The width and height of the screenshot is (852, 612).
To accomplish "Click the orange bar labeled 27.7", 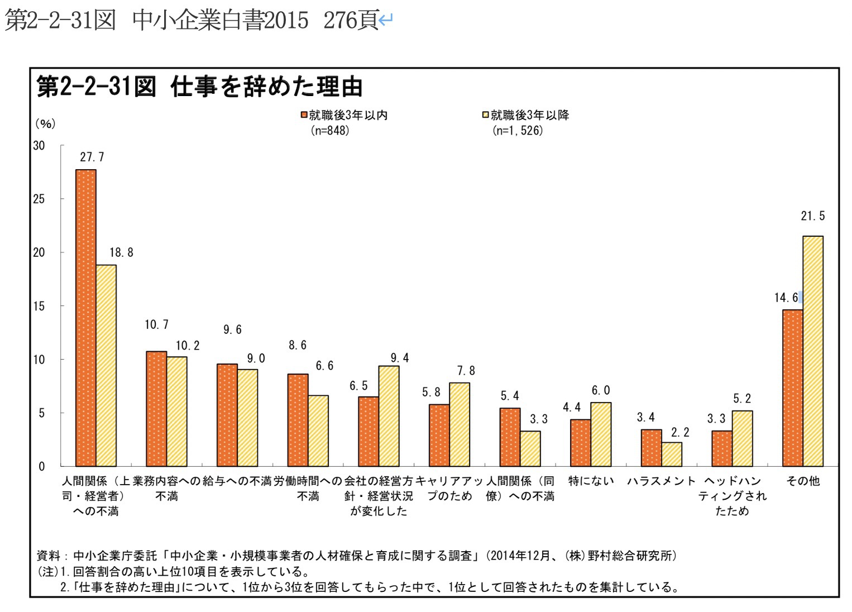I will (86, 318).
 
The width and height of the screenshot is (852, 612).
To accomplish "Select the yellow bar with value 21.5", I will (813, 351).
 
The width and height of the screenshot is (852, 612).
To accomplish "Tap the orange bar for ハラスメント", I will (651, 448).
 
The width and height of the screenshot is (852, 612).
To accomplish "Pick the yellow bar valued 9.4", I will (389, 416).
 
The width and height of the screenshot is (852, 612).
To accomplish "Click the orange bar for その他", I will (792, 388).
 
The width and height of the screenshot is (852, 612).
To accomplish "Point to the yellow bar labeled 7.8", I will (459, 424).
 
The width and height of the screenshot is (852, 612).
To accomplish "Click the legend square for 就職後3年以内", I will (304, 115).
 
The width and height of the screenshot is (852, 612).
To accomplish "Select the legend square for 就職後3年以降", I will (486, 115).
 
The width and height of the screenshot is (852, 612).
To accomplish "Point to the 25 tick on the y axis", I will (39, 199).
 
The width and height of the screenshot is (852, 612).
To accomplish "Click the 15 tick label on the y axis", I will (39, 306).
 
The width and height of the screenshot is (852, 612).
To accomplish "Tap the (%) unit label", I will (45, 123).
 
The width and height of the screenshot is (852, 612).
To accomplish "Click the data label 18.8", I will (121, 252).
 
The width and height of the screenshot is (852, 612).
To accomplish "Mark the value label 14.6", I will (786, 298).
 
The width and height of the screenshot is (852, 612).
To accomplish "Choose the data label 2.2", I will (680, 432).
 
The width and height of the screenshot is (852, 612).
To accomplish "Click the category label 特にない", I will (591, 481).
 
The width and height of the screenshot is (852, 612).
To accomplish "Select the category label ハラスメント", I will (661, 481).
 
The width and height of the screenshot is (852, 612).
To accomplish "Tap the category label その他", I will (803, 481).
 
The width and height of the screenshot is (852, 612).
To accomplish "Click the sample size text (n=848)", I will (330, 131).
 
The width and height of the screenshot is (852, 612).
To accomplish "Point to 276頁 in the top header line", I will (351, 21).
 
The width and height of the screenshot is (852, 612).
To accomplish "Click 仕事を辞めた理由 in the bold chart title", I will (267, 87).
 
